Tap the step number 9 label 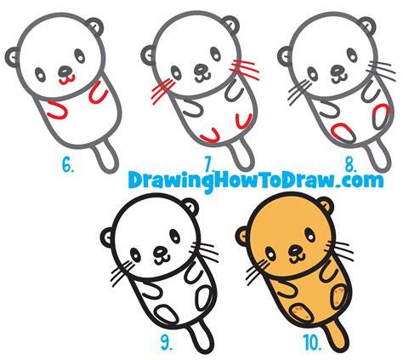tap(167, 342)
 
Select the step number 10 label tap(312, 342)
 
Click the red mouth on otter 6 tap(67, 79)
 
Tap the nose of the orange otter tap(295, 250)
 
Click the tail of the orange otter tap(337, 338)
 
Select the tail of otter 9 tap(201, 339)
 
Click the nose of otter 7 tap(201, 68)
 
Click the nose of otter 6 tap(65, 70)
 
